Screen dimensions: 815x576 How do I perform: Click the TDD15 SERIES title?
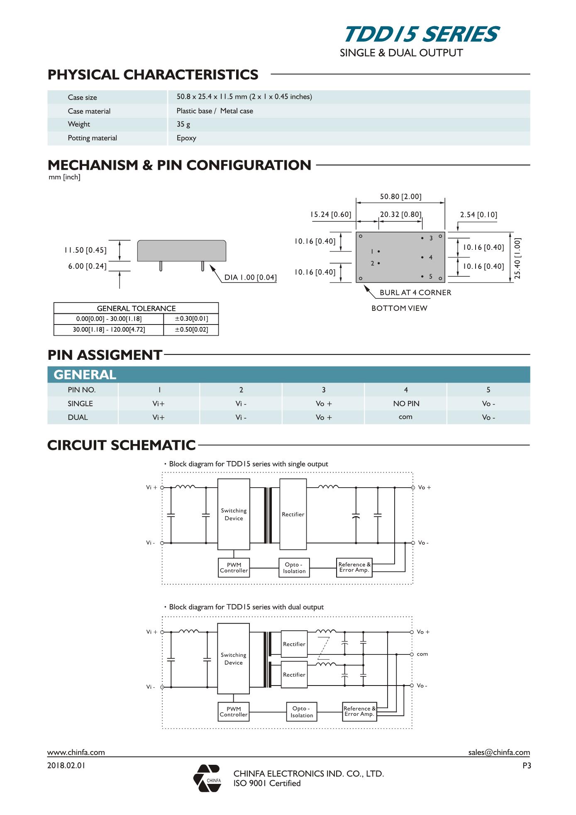[x=421, y=35]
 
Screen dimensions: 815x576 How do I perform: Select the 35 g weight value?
[x=183, y=124]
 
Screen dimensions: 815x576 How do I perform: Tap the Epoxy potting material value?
[x=186, y=138]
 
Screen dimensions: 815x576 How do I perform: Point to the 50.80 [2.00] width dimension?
[x=400, y=197]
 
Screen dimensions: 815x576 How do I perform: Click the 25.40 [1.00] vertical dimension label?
[x=517, y=258]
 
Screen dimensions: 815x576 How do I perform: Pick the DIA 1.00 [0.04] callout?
[x=250, y=278]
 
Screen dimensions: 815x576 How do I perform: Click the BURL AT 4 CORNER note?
[x=415, y=293]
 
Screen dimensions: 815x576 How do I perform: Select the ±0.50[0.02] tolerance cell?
[x=191, y=330]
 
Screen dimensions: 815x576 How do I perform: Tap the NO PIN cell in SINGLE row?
[x=406, y=404]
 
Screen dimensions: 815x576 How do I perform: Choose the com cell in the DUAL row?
[x=405, y=417]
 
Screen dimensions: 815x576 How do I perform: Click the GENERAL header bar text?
[x=85, y=375]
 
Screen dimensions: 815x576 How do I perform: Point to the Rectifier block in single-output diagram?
[x=293, y=514]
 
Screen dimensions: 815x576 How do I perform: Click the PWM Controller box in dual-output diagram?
[x=234, y=712]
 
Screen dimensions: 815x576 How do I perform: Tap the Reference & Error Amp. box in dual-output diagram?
[x=359, y=711]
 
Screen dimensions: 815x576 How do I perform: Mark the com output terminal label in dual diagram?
[x=422, y=654]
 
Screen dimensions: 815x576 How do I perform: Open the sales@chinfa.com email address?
[x=499, y=752]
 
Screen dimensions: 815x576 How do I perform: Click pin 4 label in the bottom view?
[x=431, y=258]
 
